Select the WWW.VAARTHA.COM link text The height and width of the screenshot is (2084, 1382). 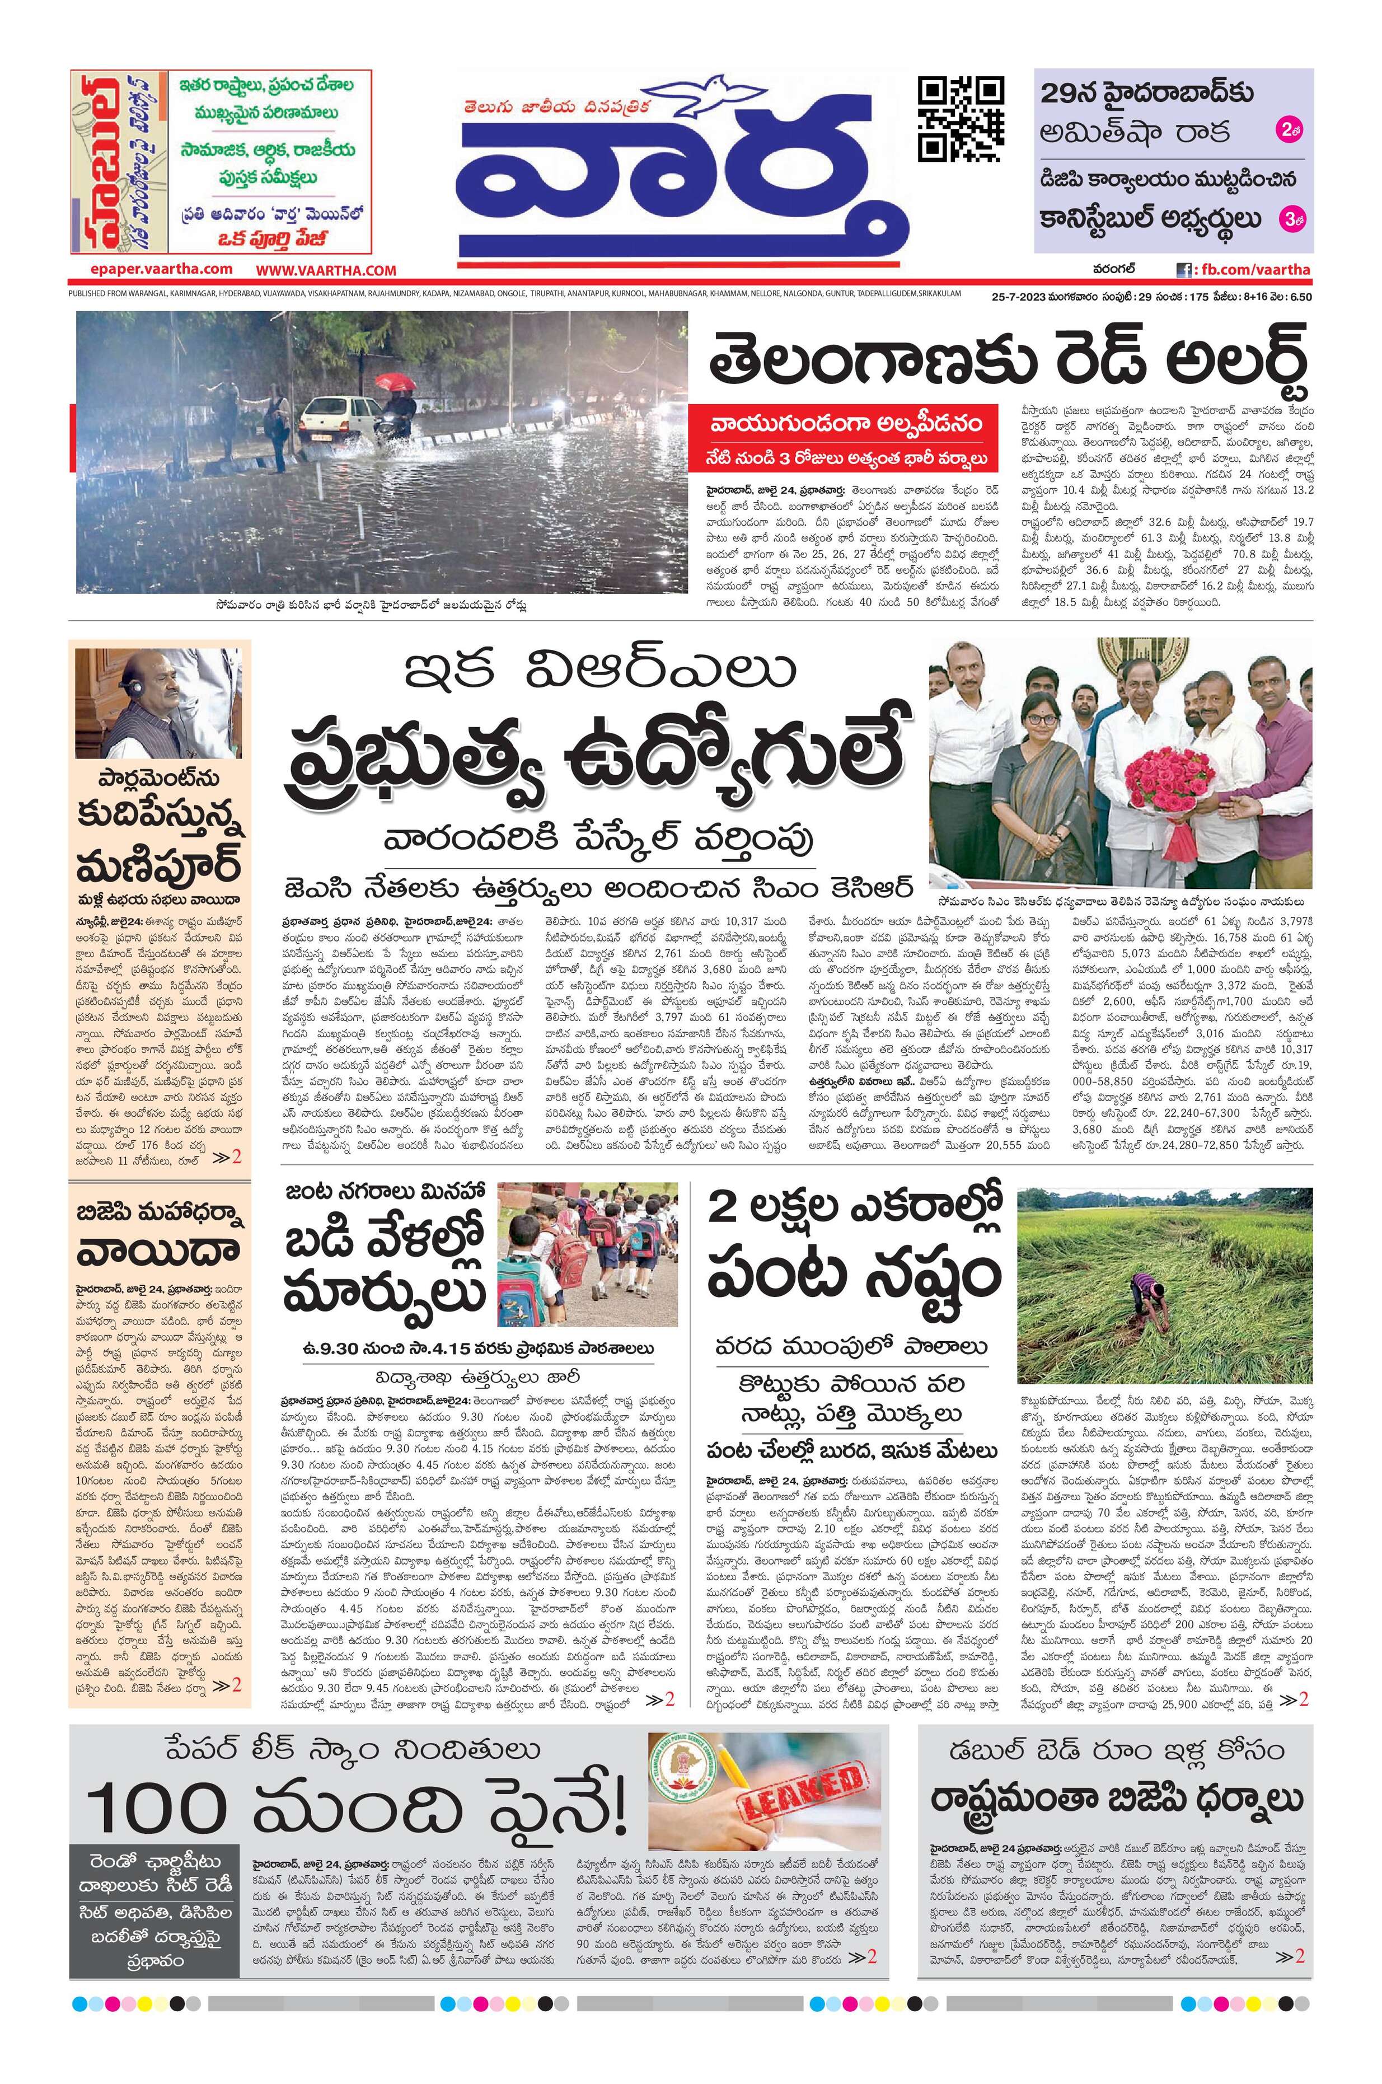click(x=327, y=270)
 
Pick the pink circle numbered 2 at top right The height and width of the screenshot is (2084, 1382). click(x=1289, y=132)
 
